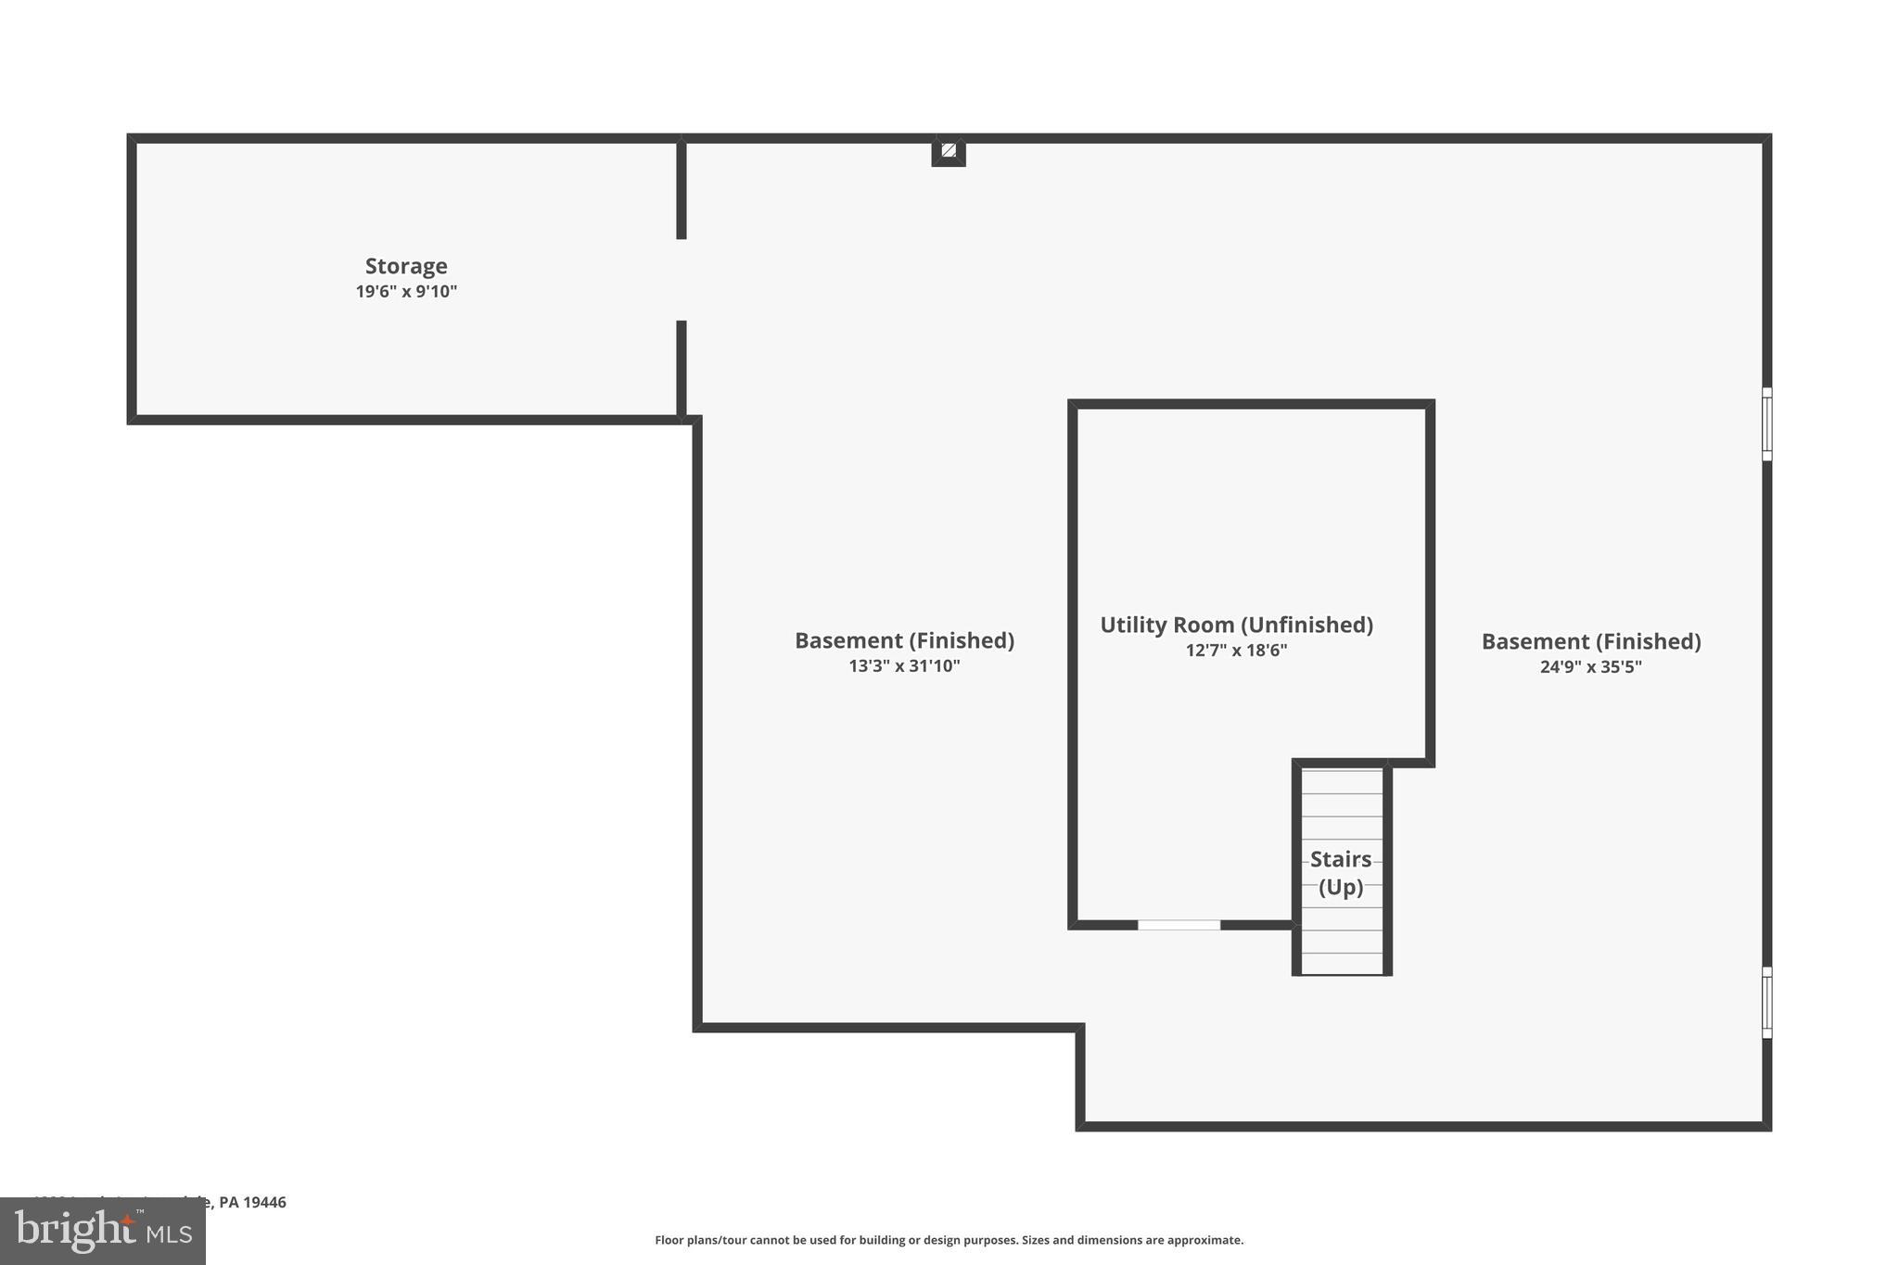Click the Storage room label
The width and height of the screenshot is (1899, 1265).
pyautogui.click(x=406, y=267)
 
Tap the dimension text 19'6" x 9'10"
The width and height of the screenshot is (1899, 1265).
pyautogui.click(x=406, y=292)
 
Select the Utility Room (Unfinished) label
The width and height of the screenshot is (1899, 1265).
pyautogui.click(x=1236, y=626)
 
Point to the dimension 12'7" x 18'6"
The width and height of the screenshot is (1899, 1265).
pyautogui.click(x=1236, y=651)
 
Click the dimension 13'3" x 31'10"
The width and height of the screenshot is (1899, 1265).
pyautogui.click(x=904, y=666)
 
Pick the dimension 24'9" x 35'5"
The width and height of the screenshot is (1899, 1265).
pyautogui.click(x=1590, y=667)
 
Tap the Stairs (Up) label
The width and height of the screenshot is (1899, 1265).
pyautogui.click(x=1341, y=873)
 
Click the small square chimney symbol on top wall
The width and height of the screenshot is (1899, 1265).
pyautogui.click(x=949, y=150)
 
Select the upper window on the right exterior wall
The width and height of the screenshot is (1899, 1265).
pyautogui.click(x=1766, y=424)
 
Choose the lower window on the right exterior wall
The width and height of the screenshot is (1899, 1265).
pyautogui.click(x=1766, y=1003)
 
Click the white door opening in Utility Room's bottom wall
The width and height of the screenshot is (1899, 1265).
pyautogui.click(x=1179, y=925)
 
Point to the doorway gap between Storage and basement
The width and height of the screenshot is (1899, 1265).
pyautogui.click(x=682, y=280)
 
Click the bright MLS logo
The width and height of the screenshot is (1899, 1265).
pyautogui.click(x=103, y=1232)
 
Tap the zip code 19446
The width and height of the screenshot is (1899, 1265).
pyautogui.click(x=264, y=1203)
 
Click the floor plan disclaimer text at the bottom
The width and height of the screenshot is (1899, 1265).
pyautogui.click(x=949, y=1240)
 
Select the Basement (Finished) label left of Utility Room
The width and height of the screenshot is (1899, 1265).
pyautogui.click(x=904, y=641)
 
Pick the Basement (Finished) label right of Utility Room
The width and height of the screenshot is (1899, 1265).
pyautogui.click(x=1590, y=642)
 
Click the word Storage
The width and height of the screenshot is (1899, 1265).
pyautogui.click(x=406, y=267)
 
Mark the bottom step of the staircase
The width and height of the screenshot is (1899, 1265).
pyautogui.click(x=1341, y=964)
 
